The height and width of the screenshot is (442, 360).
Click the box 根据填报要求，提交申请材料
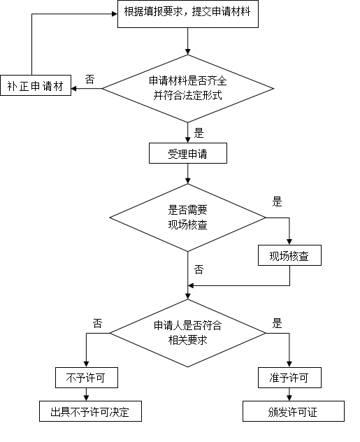coord(188,14)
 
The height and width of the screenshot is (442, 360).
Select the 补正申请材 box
coord(36,85)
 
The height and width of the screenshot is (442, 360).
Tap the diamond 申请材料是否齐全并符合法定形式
coord(188,89)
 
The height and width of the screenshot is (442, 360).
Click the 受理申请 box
coord(188,153)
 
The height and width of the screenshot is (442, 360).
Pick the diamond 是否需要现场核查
coord(188,218)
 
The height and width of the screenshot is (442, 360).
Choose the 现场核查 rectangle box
coord(289,255)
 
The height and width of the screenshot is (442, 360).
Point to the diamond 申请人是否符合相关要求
coord(188,333)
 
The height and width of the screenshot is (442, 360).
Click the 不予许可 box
coord(87,378)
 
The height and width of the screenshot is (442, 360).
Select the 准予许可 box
coord(289,378)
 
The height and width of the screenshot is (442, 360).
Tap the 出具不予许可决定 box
coord(90,411)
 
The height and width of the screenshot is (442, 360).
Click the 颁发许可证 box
coord(294,411)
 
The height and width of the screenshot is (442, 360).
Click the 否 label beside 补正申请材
coord(90,80)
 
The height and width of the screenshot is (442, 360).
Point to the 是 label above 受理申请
coord(199,133)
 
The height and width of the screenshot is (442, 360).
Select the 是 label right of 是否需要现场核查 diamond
coord(277,202)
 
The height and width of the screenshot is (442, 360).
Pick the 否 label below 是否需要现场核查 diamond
coord(199,270)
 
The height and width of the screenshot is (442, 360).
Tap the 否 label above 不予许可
coord(97,323)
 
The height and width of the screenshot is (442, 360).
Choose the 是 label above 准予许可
coord(277,323)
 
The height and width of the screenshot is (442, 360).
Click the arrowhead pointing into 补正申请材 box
coord(74,89)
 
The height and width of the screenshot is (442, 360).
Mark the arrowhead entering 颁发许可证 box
coord(289,398)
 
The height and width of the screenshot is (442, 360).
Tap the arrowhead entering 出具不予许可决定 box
coord(87,398)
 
